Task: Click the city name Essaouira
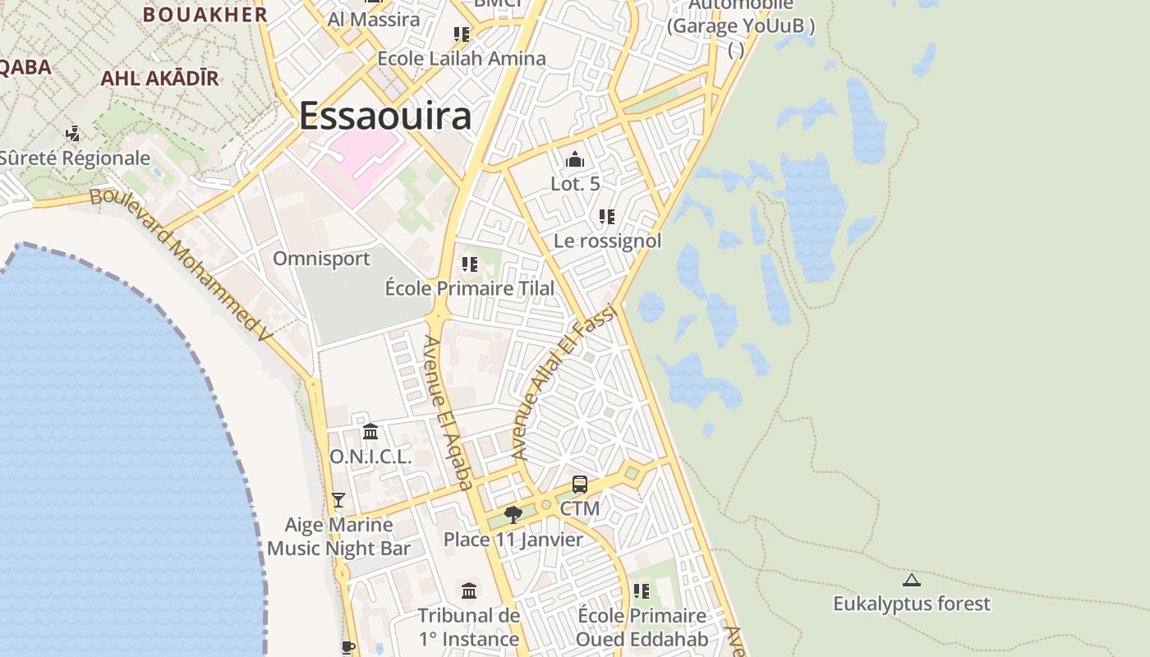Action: pos(384,116)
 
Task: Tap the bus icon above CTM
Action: pos(580,485)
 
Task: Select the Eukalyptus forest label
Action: pos(912,604)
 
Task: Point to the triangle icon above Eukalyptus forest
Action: pos(912,581)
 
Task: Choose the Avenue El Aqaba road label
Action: pos(448,412)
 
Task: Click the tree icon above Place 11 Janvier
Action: pos(513,515)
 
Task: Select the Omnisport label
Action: pos(321,259)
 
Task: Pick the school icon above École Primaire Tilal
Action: pos(470,264)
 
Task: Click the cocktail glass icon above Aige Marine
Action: pos(338,499)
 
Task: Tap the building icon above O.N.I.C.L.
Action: pos(370,432)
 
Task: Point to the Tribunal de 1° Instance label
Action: pos(469,627)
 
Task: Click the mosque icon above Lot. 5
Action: pos(575,159)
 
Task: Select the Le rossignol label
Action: pos(607,241)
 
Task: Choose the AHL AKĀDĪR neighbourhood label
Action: pos(159,79)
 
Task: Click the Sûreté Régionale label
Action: pos(75,159)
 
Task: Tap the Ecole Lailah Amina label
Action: pos(461,58)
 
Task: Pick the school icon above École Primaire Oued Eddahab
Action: pos(642,591)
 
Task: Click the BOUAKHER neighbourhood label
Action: pos(205,14)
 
